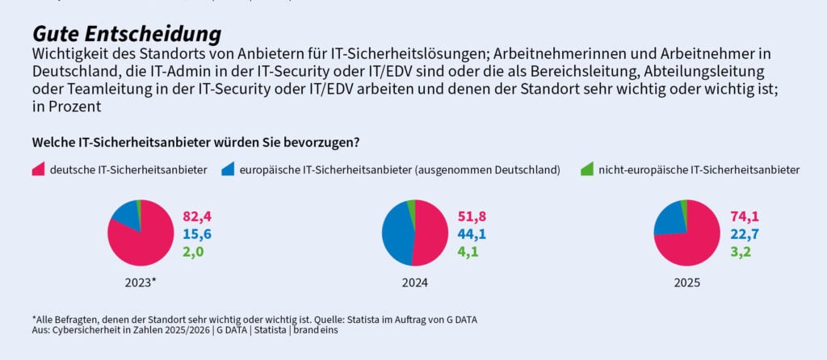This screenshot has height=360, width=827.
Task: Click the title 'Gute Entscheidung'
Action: click(126, 35)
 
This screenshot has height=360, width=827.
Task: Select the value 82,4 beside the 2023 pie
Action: click(197, 216)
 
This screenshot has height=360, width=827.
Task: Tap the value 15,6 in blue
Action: click(197, 233)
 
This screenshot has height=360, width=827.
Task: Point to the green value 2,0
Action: click(194, 251)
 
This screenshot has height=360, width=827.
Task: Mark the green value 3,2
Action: click(741, 251)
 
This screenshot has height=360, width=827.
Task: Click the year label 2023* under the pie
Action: click(141, 283)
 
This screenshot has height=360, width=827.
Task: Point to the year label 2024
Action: click(414, 283)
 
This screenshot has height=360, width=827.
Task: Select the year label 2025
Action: click(687, 283)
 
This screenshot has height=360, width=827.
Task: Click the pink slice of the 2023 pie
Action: click(145, 242)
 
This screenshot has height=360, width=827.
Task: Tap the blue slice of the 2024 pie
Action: click(396, 234)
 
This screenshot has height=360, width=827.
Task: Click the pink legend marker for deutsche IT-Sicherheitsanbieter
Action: click(39, 170)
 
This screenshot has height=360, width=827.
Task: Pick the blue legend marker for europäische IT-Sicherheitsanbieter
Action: click(229, 170)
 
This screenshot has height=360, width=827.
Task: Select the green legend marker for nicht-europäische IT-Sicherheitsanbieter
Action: click(587, 170)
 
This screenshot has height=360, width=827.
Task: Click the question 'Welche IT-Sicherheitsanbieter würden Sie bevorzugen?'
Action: click(195, 142)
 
